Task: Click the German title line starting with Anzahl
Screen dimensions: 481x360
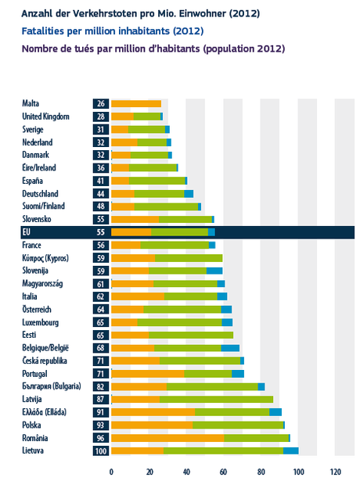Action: click(x=141, y=13)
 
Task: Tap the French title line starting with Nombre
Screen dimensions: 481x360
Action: click(x=142, y=48)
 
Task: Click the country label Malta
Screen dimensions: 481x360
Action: click(x=31, y=103)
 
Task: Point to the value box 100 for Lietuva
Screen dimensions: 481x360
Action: click(x=100, y=450)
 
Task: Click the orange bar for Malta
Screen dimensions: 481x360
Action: click(x=135, y=103)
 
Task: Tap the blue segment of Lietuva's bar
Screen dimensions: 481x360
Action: click(x=290, y=450)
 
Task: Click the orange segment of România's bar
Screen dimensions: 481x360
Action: click(x=167, y=438)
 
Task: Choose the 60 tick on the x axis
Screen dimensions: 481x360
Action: click(x=223, y=472)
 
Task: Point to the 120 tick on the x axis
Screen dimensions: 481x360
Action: click(x=336, y=472)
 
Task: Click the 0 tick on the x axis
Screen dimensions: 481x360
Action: click(x=111, y=472)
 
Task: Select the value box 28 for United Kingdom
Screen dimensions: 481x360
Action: click(x=100, y=117)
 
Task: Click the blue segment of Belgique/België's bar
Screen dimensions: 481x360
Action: click(x=230, y=347)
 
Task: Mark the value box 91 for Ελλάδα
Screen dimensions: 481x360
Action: click(x=100, y=412)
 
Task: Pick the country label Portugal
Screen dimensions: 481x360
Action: click(x=34, y=374)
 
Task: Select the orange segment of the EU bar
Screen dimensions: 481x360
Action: click(x=131, y=232)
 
